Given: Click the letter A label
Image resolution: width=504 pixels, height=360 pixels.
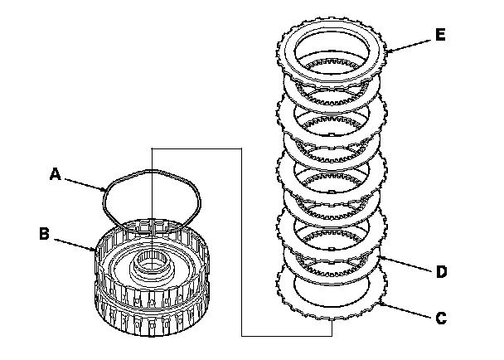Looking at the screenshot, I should (56, 173).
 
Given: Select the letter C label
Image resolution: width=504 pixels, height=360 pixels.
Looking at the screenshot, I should (441, 316).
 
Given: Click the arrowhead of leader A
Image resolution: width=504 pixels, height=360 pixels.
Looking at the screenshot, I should (105, 190).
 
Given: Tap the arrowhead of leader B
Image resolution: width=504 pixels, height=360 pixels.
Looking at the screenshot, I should (97, 247).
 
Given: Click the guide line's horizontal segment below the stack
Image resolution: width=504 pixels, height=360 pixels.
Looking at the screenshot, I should (286, 335).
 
